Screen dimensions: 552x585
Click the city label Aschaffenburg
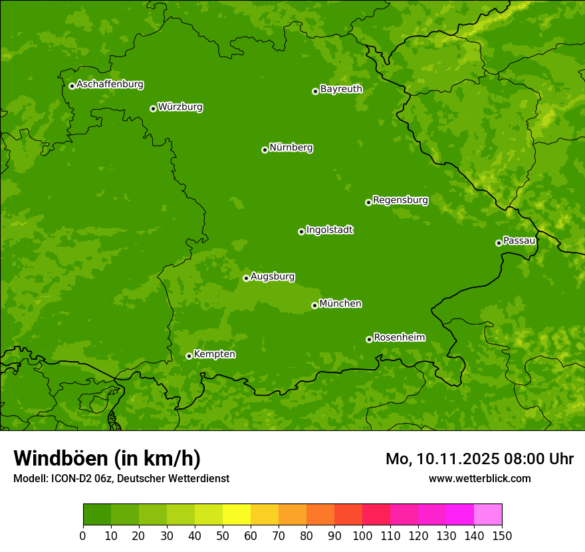coord(110,84)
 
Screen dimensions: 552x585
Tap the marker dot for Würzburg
coord(153,108)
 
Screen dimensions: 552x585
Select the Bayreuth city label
coord(341,89)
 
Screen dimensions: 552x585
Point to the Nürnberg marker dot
coord(265,150)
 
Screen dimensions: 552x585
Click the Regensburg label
coord(400,200)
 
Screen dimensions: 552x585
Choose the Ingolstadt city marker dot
coord(301,231)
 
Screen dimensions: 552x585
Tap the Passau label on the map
coord(519,241)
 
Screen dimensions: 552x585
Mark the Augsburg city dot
coord(246,278)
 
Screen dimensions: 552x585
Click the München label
coord(340,304)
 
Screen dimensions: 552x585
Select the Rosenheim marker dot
coord(369,339)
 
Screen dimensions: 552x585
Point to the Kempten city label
coord(214,354)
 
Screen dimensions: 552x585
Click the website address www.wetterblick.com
coord(479,478)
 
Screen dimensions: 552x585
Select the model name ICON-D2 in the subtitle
coord(74,478)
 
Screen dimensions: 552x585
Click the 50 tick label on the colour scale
coord(223,535)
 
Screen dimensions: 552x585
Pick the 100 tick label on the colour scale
coord(362,535)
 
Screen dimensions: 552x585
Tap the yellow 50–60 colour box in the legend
coord(237,515)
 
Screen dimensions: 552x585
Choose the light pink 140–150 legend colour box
coord(488,515)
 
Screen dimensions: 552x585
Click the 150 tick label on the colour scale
coord(502,535)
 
